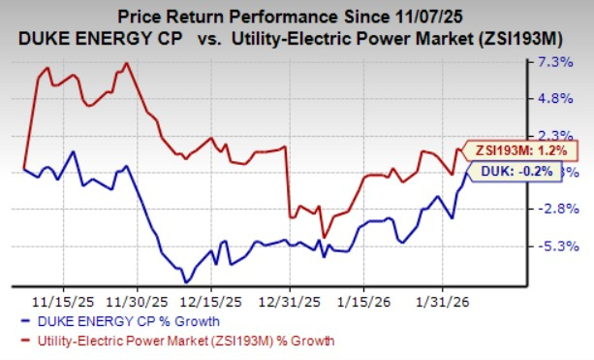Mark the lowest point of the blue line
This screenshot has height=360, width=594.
[x=184, y=282]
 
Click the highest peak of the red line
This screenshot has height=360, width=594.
[x=125, y=64]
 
